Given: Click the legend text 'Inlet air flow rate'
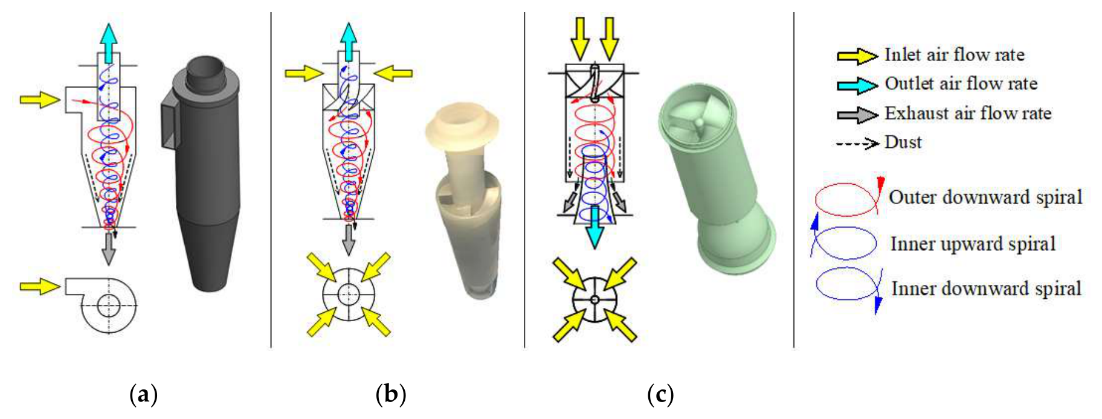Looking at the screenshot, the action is point(955,55).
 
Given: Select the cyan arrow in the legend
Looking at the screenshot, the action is point(857,85).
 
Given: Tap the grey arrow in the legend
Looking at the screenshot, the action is point(857,114).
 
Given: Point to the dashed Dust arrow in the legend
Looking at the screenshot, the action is point(857,144).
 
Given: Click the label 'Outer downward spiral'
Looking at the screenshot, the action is point(985,197).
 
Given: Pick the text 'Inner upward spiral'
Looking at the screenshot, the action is point(973,244).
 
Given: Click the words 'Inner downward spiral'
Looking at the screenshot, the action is point(986,289).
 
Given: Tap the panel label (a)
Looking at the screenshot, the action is point(144,395).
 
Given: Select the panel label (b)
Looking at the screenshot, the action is point(390,395).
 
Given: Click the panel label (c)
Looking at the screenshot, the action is point(660,395).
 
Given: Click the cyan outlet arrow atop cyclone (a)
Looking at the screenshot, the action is point(108,43).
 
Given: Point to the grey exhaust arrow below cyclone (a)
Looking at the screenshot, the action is point(108,248).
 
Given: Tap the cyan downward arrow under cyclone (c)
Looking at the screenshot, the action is point(595,227).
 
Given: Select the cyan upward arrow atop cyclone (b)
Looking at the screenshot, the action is point(349,42).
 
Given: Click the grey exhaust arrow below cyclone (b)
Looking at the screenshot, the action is point(349,239).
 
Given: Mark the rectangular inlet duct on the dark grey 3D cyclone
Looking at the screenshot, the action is point(171,126).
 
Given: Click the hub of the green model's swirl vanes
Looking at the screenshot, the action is point(698,122).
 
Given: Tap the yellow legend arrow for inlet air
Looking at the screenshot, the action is point(857,56).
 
